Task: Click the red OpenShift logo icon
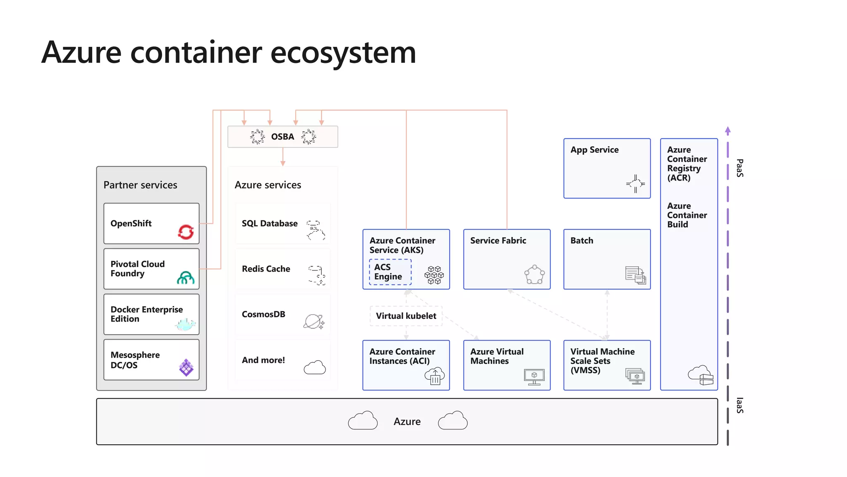coord(186,232)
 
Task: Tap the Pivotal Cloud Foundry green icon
coord(186,277)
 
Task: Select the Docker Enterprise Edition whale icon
coord(185,324)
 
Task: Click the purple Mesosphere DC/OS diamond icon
coord(186,367)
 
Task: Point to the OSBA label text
coord(282,137)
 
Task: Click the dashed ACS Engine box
coord(390,272)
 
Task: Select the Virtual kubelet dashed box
coord(406,316)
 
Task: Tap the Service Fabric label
coord(498,241)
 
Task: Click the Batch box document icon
coord(635,275)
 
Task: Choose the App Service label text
coord(594,150)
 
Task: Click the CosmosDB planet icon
coord(314,322)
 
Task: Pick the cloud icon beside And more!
coord(315,367)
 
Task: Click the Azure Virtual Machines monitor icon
coord(534,377)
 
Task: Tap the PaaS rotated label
coord(740,168)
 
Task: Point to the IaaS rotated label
coord(740,405)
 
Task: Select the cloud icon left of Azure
coord(363,421)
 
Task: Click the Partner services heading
coord(140,185)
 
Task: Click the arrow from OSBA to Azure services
coord(283,157)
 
